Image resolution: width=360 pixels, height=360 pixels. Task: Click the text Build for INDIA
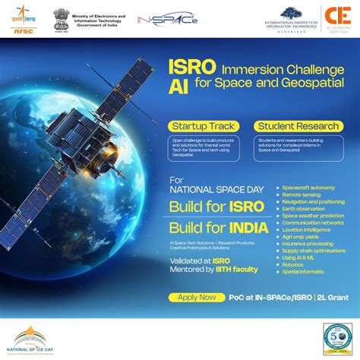click(216, 229)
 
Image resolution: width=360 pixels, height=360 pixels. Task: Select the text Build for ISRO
click(216, 206)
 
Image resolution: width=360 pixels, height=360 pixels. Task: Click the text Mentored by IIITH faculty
click(213, 269)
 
